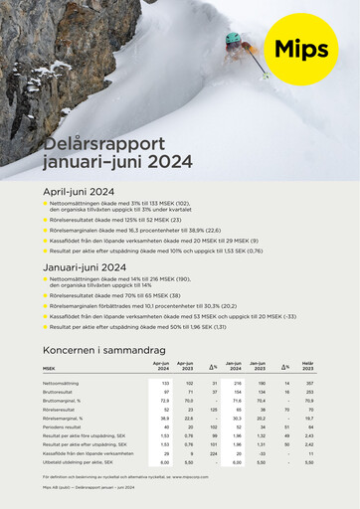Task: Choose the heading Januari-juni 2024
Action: tap(85, 267)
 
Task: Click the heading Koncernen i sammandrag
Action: tap(102, 352)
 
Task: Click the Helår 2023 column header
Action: tap(308, 367)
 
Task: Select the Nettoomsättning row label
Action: tap(62, 383)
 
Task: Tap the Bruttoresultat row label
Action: tap(58, 392)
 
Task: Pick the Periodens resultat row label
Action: tap(63, 426)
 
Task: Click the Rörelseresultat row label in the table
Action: tap(59, 410)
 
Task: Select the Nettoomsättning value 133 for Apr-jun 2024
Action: tap(163, 383)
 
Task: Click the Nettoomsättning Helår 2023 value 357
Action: tap(309, 383)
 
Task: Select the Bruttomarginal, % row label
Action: tap(61, 401)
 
